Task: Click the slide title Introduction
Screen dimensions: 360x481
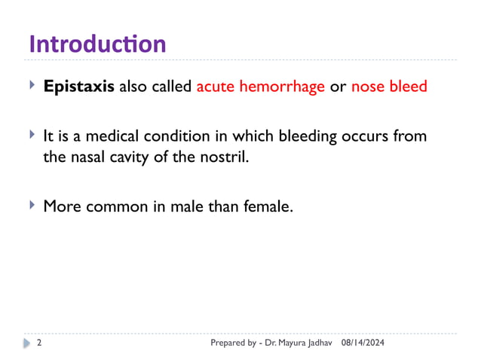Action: click(x=97, y=43)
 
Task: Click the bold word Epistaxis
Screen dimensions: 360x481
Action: click(x=78, y=87)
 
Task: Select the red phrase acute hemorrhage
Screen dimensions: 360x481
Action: click(x=260, y=87)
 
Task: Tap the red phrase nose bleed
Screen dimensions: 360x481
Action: click(x=389, y=87)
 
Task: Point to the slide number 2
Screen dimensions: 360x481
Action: click(x=38, y=343)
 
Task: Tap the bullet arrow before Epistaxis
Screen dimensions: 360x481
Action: click(x=32, y=85)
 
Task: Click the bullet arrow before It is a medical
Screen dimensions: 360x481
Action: click(x=32, y=135)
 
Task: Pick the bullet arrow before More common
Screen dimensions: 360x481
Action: click(x=32, y=204)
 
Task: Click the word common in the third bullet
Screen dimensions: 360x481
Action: click(x=122, y=206)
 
